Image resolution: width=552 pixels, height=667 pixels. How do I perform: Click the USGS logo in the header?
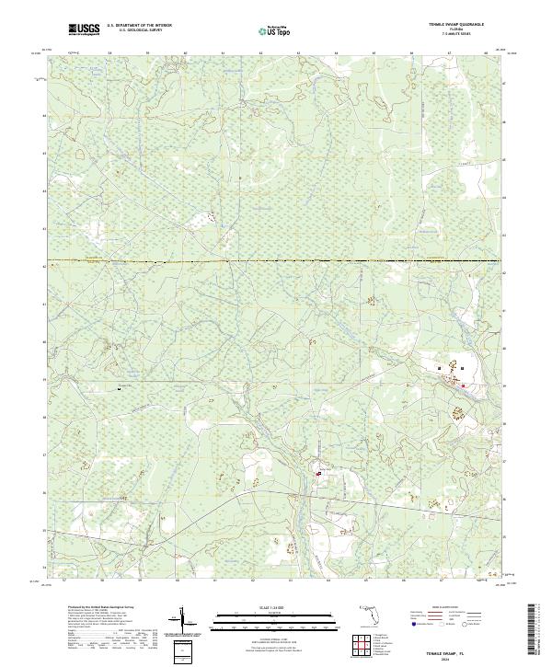pyautogui.click(x=85, y=29)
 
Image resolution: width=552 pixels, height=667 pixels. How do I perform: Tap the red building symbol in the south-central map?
pyautogui.click(x=318, y=474)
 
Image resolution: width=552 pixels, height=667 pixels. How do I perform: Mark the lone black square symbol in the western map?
pyautogui.click(x=120, y=388)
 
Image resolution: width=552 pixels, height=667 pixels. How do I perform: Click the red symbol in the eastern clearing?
pyautogui.click(x=462, y=371)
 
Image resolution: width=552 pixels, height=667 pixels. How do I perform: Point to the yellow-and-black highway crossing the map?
pyautogui.click(x=276, y=262)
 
